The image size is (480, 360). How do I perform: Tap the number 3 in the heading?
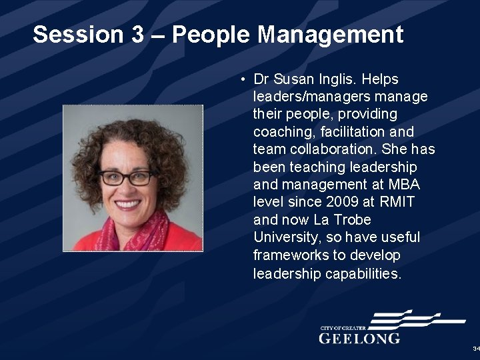point(137,35)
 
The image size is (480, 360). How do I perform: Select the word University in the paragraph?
point(283,237)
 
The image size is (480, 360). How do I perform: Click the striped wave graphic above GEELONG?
point(407,321)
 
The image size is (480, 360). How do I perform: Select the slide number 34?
point(475,349)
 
